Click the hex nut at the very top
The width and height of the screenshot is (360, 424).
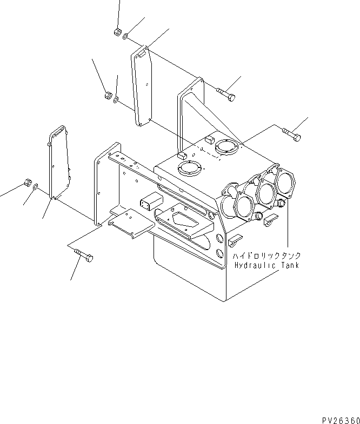point(117,32)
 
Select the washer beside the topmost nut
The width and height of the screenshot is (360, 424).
point(125,37)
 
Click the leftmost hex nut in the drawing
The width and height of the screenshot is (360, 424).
point(27,183)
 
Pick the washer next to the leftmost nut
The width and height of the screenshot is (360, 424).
point(36,187)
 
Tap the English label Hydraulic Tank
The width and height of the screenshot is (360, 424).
point(266,265)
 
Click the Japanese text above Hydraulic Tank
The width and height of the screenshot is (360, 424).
point(266,255)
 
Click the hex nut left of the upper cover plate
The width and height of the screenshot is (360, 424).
point(108,96)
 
